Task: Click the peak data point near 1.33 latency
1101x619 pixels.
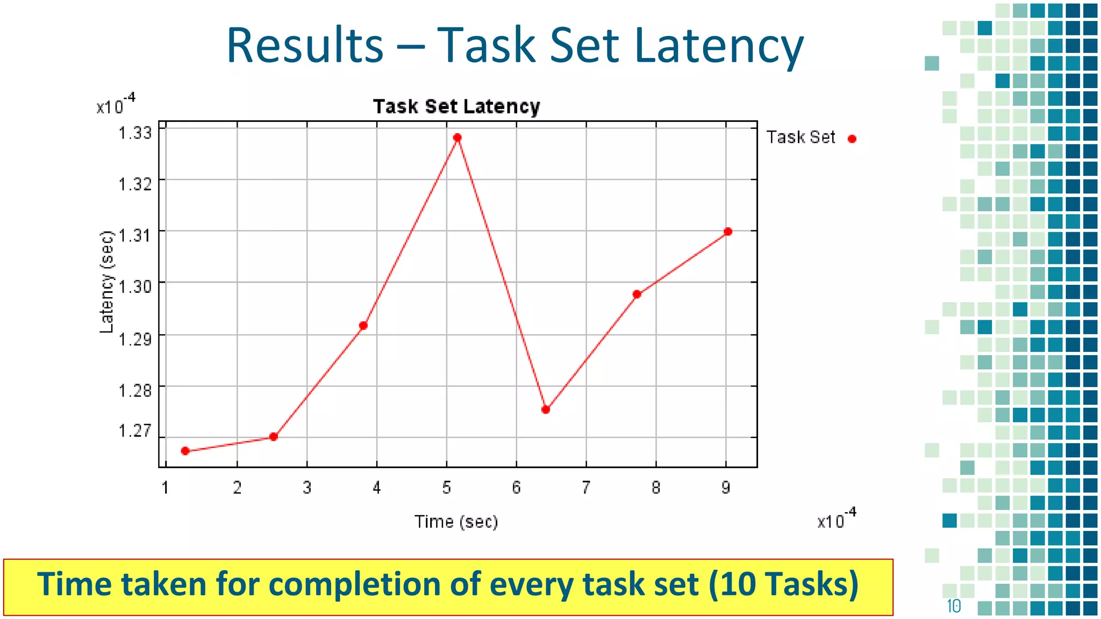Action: pos(457,138)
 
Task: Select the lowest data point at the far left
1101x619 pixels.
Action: pos(185,451)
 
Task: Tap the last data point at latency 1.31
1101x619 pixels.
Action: pos(728,232)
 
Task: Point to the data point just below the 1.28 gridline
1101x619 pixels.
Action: pos(546,409)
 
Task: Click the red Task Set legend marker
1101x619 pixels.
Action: pos(852,139)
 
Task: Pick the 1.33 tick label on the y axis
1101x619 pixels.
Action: pos(135,133)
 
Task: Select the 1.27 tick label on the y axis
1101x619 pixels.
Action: pos(135,431)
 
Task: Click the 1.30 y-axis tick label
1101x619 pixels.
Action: pos(135,286)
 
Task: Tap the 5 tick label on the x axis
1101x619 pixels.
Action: pos(446,488)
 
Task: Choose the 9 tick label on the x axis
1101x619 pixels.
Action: pos(726,488)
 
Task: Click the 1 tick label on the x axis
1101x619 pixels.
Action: pos(166,488)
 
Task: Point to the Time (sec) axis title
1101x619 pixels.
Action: pos(456,522)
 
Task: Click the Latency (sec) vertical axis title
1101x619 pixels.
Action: pos(107,282)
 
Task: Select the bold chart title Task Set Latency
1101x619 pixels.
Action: pos(456,106)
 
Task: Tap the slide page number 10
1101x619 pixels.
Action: pos(954,606)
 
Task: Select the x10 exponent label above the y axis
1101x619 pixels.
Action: pos(116,105)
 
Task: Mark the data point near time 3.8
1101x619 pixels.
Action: pos(363,326)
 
